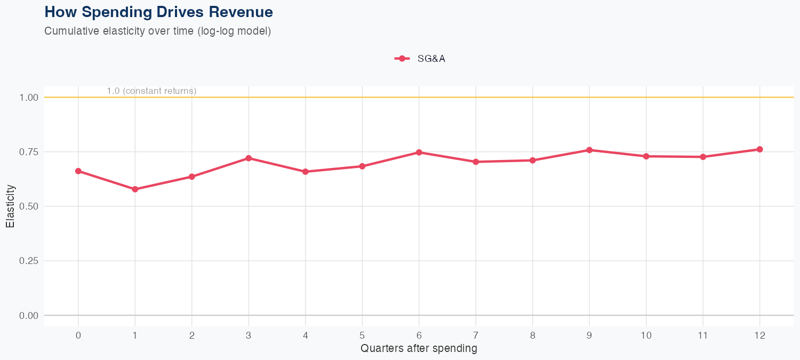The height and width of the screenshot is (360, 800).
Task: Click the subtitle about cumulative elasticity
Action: (x=158, y=31)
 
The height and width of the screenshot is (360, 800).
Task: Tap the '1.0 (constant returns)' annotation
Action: (x=151, y=91)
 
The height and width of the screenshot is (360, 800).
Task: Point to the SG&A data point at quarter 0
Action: (x=78, y=171)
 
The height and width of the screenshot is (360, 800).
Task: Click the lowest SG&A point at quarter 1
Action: (x=135, y=189)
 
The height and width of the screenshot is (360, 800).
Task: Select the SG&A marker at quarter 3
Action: (x=249, y=158)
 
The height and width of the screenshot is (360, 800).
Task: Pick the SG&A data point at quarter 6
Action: (x=419, y=153)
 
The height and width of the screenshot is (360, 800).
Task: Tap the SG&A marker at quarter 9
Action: (x=589, y=150)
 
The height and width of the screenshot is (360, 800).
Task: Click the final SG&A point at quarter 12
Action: (x=759, y=149)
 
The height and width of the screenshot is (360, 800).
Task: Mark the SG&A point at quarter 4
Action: (x=305, y=172)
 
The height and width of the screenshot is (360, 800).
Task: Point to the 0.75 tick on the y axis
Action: (x=29, y=152)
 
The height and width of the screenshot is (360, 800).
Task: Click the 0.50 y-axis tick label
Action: (x=29, y=206)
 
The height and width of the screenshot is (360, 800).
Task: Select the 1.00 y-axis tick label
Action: (x=29, y=98)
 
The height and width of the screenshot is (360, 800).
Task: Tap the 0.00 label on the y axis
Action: (x=29, y=316)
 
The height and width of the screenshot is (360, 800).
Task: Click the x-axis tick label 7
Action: (x=476, y=335)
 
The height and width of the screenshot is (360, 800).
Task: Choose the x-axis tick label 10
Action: (x=646, y=335)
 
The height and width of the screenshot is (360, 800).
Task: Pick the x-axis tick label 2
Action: (x=191, y=335)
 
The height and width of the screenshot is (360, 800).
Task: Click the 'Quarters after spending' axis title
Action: (x=419, y=349)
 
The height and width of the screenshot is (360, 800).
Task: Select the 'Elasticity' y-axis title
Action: (x=10, y=206)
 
